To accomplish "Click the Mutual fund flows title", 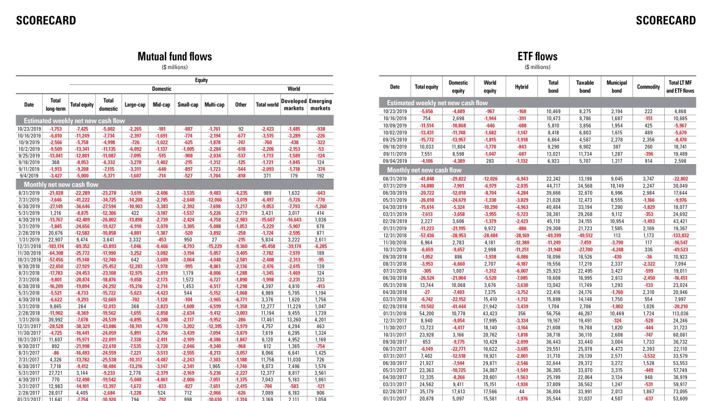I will click(175, 57).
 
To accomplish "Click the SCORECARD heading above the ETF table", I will click(666, 21).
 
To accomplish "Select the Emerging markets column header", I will click(320, 105).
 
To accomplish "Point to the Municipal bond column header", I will click(616, 87).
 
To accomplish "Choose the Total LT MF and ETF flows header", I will click(680, 87).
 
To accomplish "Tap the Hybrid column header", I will click(521, 87).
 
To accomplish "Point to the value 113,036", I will click(680, 312).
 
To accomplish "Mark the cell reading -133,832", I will click(680, 236).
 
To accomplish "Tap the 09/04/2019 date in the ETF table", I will click(394, 161).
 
